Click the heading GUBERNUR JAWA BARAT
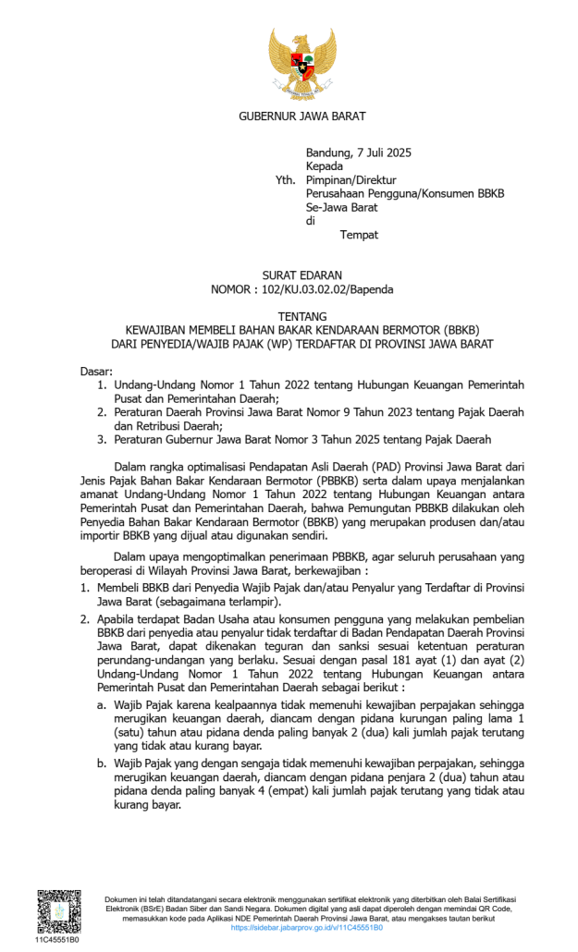tap(302, 116)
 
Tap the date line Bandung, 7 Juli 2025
tap(358, 153)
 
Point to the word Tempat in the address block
tap(359, 235)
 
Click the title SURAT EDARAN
tap(302, 275)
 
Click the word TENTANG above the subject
tap(302, 316)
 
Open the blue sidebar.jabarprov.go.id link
tap(306, 927)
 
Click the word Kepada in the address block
tap(325, 166)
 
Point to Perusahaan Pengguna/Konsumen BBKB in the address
tap(405, 193)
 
